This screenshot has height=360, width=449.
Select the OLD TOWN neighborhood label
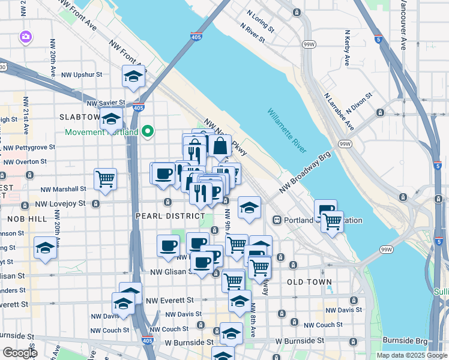(x=309, y=281)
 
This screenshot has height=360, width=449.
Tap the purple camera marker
(x=25, y=37)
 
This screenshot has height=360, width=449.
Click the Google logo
(x=19, y=353)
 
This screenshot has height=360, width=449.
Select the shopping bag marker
(x=220, y=145)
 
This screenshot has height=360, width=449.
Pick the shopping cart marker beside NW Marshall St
(x=105, y=178)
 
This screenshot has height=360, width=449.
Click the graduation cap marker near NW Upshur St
(x=133, y=76)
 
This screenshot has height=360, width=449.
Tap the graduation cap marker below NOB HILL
(x=45, y=247)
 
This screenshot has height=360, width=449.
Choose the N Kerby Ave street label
(x=347, y=48)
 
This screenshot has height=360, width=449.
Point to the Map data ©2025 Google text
(x=411, y=355)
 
